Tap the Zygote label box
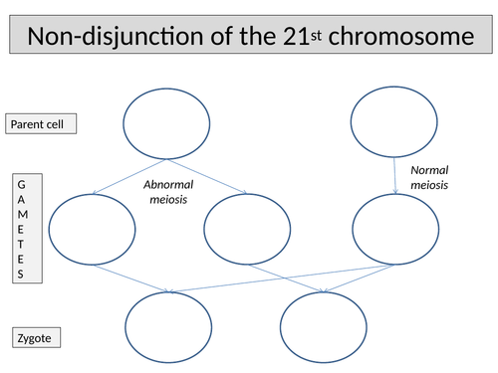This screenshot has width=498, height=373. pyautogui.click(x=36, y=338)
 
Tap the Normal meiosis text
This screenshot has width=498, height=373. pyautogui.click(x=429, y=177)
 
